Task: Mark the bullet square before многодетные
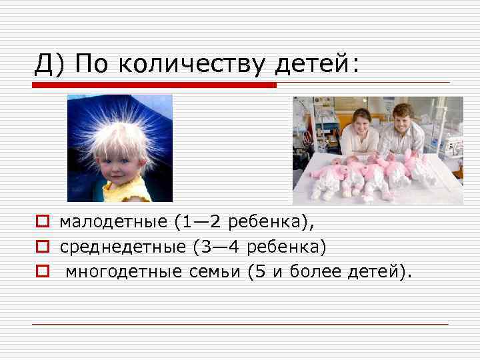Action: (42, 272)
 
